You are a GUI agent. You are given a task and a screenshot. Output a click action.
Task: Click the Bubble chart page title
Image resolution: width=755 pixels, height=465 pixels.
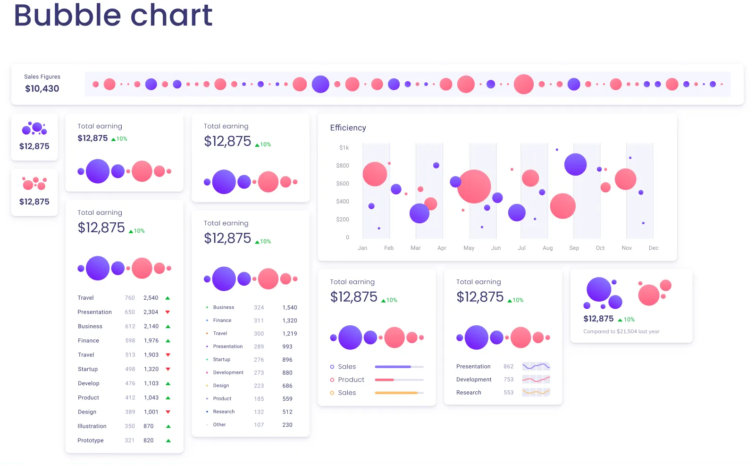[113, 15]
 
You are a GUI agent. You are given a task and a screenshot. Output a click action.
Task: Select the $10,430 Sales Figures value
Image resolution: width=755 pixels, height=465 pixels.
[42, 89]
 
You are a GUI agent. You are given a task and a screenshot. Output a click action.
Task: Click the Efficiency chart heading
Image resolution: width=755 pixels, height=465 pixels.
[348, 128]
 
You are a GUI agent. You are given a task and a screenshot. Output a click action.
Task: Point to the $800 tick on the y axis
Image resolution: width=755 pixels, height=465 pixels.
[343, 166]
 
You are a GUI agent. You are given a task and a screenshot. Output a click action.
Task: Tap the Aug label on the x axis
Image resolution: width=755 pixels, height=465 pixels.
[547, 248]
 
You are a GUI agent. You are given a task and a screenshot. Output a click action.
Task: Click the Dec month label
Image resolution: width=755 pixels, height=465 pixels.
[653, 248]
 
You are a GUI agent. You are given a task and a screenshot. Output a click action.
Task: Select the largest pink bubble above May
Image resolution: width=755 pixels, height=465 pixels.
[474, 186]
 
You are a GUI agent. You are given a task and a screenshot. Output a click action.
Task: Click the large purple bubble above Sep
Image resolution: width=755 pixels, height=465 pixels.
[575, 165]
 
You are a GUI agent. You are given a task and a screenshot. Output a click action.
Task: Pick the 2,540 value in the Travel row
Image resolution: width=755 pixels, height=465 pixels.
[151, 298]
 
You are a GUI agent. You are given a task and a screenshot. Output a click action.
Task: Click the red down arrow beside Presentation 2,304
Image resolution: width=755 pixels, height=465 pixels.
[168, 312]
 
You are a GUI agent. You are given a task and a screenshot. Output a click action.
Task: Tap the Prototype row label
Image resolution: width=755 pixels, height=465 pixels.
[91, 440]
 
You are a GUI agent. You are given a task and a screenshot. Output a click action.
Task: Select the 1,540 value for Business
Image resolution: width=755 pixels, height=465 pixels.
[289, 307]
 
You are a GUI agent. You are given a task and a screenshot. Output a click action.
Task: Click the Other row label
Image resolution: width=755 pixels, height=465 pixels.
[219, 425]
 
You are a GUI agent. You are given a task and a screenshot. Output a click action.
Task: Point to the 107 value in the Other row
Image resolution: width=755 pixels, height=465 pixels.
[259, 425]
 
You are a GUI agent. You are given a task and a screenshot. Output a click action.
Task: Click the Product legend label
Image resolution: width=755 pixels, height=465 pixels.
[351, 380]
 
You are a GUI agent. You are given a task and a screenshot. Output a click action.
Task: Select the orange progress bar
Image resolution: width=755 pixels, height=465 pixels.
[396, 393]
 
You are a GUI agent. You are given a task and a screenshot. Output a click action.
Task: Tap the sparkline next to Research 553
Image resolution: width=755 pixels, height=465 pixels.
[536, 392]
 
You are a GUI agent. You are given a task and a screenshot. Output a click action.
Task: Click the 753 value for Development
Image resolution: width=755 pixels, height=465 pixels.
[508, 380]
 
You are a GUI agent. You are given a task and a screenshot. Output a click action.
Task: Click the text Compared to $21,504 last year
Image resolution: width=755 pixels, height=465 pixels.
[621, 331]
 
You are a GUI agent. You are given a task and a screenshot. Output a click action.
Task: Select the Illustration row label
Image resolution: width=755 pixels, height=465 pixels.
[92, 426]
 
